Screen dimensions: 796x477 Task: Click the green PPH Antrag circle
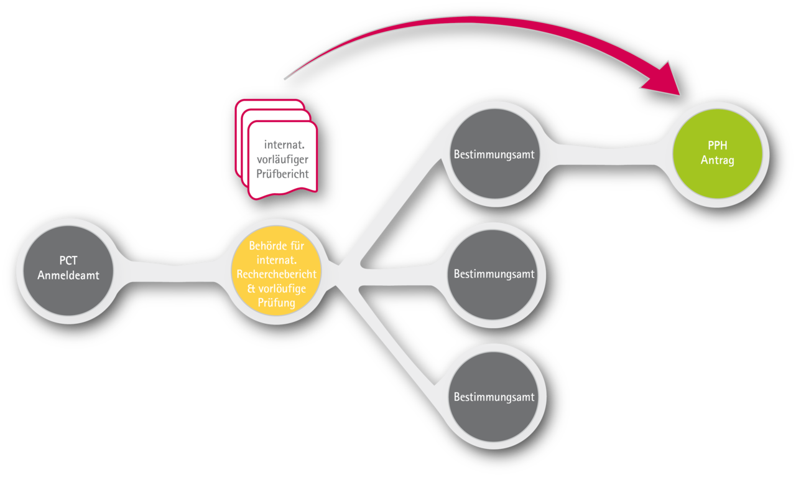point(718,153)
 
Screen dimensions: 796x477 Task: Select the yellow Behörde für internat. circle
point(277,270)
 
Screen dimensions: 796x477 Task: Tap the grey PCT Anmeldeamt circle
point(68,270)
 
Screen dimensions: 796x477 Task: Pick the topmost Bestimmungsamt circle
point(494,153)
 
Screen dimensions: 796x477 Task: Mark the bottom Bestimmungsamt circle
point(494,397)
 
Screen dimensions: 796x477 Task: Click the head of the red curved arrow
point(663,80)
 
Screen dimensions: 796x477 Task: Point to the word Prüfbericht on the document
point(282,174)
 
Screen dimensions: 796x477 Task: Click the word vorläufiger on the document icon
point(282,159)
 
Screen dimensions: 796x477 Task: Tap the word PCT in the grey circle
point(68,260)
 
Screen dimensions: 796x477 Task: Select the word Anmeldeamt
point(68,275)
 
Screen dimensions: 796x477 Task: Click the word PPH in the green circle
point(718,146)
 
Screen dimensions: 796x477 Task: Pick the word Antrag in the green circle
point(718,160)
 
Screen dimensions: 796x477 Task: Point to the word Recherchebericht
point(277,274)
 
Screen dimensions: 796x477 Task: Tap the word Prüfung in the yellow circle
point(277,303)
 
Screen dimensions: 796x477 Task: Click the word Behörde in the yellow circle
point(267,245)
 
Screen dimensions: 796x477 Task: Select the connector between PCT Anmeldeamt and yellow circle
point(172,273)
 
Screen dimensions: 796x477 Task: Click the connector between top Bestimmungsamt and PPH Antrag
point(606,154)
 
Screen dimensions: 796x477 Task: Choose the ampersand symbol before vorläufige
point(251,289)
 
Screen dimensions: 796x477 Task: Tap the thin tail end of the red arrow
point(285,78)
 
